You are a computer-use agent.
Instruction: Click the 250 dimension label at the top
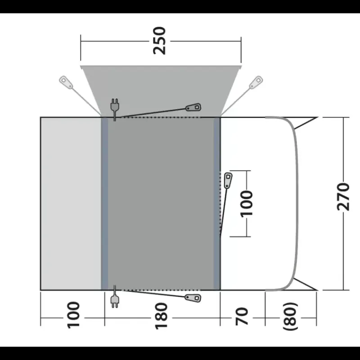159,41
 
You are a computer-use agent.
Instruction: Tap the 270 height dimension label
343,197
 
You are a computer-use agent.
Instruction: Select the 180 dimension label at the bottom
162,316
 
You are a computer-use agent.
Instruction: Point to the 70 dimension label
242,317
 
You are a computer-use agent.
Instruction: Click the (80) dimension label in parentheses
291,317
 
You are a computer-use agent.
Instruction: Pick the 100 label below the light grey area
73,315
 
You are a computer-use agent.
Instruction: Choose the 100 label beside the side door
246,203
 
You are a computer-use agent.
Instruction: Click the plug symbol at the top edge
115,108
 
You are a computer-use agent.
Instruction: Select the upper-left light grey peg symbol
66,82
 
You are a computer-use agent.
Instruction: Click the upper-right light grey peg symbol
256,82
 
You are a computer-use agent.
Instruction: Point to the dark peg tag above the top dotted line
193,107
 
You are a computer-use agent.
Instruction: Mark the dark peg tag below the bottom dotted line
193,298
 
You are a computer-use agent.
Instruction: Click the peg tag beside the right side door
228,180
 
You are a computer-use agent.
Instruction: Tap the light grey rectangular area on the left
71,204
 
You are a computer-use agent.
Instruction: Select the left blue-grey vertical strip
104,204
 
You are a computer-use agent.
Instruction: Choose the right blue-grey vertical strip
217,204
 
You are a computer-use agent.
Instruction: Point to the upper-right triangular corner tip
318,117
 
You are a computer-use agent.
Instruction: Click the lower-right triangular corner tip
318,290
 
